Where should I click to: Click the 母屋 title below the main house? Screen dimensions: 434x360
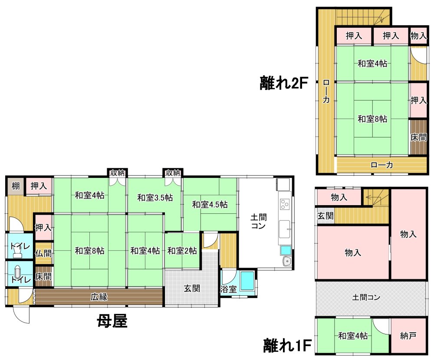[x=112, y=321]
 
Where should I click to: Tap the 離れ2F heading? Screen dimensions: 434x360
[x=284, y=83]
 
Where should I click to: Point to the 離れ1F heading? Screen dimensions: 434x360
[x=287, y=345]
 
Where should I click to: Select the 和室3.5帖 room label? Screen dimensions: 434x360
[x=155, y=198]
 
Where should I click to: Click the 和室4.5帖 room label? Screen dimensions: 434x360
[x=210, y=204]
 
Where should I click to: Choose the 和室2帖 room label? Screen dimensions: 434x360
[x=182, y=251]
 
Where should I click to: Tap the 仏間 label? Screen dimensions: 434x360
[x=43, y=253]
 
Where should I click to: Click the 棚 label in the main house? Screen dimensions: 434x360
[x=16, y=185]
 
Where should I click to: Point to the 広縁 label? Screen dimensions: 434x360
[x=99, y=297]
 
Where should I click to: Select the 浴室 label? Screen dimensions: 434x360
[x=228, y=289]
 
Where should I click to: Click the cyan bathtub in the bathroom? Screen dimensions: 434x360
[x=247, y=281]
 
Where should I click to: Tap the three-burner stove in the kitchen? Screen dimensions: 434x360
[x=285, y=204]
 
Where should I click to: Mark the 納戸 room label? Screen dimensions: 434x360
[x=408, y=336]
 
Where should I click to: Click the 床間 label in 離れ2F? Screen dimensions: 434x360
[x=418, y=137]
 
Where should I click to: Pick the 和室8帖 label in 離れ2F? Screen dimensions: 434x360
[x=372, y=119]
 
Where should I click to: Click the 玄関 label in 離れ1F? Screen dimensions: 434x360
[x=325, y=216]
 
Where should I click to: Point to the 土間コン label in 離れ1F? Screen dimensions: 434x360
[x=366, y=298]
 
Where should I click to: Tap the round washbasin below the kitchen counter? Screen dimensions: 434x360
[x=287, y=261]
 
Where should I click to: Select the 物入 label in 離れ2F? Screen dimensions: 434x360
[x=418, y=36]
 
